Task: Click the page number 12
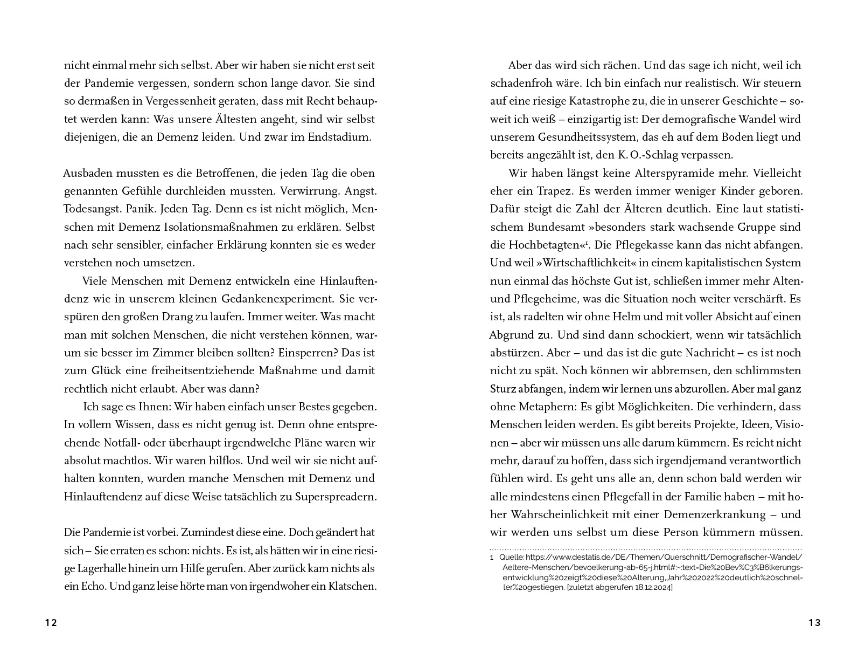pyautogui.click(x=51, y=623)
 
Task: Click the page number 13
pyautogui.click(x=814, y=623)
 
